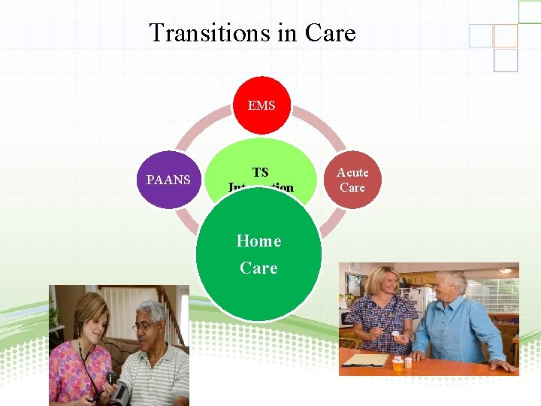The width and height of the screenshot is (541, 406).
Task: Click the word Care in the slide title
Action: (330, 33)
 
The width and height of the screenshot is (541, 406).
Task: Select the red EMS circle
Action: (261, 105)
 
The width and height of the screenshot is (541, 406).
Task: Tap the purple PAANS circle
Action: (168, 180)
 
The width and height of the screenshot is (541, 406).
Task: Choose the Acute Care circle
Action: (352, 180)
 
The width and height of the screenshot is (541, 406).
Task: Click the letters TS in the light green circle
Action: (261, 172)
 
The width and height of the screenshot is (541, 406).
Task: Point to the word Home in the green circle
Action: (258, 241)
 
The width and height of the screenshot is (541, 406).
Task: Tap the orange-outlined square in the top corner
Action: (506, 35)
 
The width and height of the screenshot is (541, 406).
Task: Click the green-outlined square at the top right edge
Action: (529, 11)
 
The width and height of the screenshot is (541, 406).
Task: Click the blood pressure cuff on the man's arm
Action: (120, 390)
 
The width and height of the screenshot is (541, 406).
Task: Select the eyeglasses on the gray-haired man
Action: (145, 326)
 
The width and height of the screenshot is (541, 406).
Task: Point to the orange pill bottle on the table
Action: (397, 365)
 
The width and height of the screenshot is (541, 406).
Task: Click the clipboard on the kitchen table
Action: (366, 361)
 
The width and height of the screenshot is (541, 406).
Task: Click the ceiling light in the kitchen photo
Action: (506, 270)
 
